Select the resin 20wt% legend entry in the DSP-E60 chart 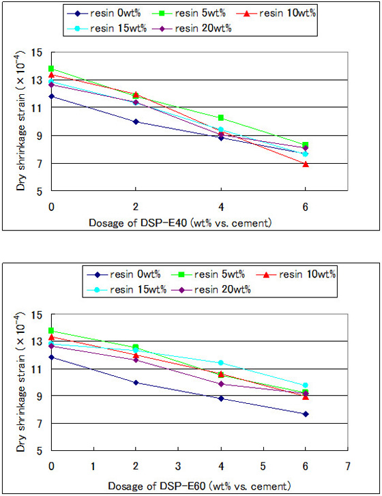(216, 290)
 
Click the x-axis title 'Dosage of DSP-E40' (178, 224)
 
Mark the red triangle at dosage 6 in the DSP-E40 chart (305, 164)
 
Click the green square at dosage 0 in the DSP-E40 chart (51, 68)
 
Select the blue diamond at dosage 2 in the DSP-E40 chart (136, 121)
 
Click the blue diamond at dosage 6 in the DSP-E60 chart (305, 414)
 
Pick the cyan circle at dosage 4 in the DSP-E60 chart (220, 362)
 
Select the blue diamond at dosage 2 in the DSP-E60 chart (136, 383)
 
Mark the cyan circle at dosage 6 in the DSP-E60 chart (305, 385)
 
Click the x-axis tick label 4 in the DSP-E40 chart (220, 206)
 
